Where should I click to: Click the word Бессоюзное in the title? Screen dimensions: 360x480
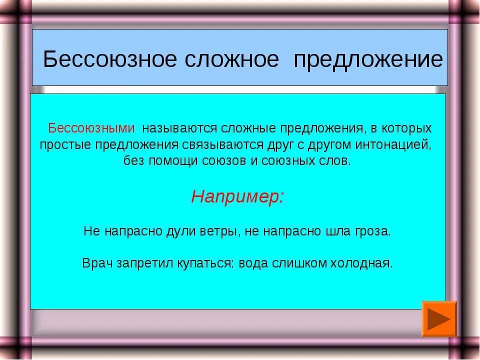(109, 60)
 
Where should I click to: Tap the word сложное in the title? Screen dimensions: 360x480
(231, 60)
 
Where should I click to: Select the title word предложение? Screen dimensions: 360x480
(368, 60)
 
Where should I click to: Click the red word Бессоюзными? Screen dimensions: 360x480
(91, 128)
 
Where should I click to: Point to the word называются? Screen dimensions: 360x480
(180, 128)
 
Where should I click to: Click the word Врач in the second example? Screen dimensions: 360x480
(97, 263)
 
